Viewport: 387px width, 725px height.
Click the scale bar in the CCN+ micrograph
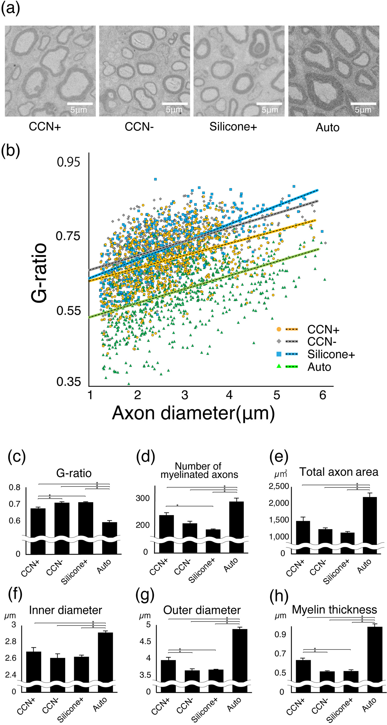[x=80, y=104]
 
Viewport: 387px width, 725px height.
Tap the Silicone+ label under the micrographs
[x=233, y=127]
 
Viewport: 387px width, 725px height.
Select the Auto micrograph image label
[x=327, y=128]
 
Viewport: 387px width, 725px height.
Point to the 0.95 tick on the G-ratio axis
[x=68, y=162]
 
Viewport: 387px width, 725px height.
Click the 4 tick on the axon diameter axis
[x=229, y=395]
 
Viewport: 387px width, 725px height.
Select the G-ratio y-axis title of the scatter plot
[x=39, y=273]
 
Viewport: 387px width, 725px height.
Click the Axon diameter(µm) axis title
[x=193, y=413]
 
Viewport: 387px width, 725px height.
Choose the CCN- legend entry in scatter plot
[x=322, y=342]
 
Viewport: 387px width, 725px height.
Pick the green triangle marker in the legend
[x=279, y=366]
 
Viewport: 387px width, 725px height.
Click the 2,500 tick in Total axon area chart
[x=279, y=486]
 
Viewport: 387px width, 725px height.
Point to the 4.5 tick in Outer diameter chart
[x=145, y=641]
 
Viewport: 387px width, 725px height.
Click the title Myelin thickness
[x=334, y=610]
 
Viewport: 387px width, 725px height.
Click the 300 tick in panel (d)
[x=142, y=498]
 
